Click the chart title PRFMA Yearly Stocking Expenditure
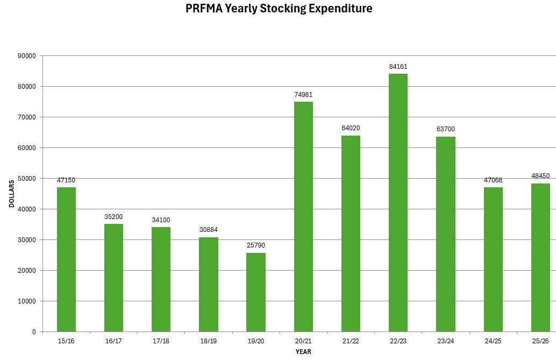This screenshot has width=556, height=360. pyautogui.click(x=279, y=9)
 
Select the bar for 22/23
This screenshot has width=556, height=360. pyautogui.click(x=398, y=203)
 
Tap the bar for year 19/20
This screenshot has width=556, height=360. pyautogui.click(x=256, y=292)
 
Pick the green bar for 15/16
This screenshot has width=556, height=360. pyautogui.click(x=66, y=259)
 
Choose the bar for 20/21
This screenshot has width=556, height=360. pyautogui.click(x=303, y=217)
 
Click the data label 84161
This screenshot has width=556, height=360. pyautogui.click(x=398, y=67)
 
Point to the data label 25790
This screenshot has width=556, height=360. pyautogui.click(x=256, y=245)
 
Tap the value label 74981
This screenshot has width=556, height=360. pyautogui.click(x=303, y=95)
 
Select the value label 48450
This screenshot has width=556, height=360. pyautogui.click(x=540, y=176)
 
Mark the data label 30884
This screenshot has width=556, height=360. pyautogui.click(x=209, y=230)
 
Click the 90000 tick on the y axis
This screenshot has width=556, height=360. pyautogui.click(x=26, y=56)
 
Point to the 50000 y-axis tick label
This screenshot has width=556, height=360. pyautogui.click(x=26, y=179)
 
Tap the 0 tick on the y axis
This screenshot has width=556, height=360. pyautogui.click(x=33, y=332)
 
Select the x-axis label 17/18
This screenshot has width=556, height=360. pyautogui.click(x=161, y=341)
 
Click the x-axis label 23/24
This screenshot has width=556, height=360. pyautogui.click(x=445, y=341)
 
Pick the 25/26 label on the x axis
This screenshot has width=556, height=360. pyautogui.click(x=540, y=341)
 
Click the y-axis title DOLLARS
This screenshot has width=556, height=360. pyautogui.click(x=12, y=194)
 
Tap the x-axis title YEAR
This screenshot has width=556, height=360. pyautogui.click(x=303, y=352)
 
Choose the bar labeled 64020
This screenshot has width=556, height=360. pyautogui.click(x=351, y=234)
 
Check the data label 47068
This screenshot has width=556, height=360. pyautogui.click(x=493, y=180)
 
